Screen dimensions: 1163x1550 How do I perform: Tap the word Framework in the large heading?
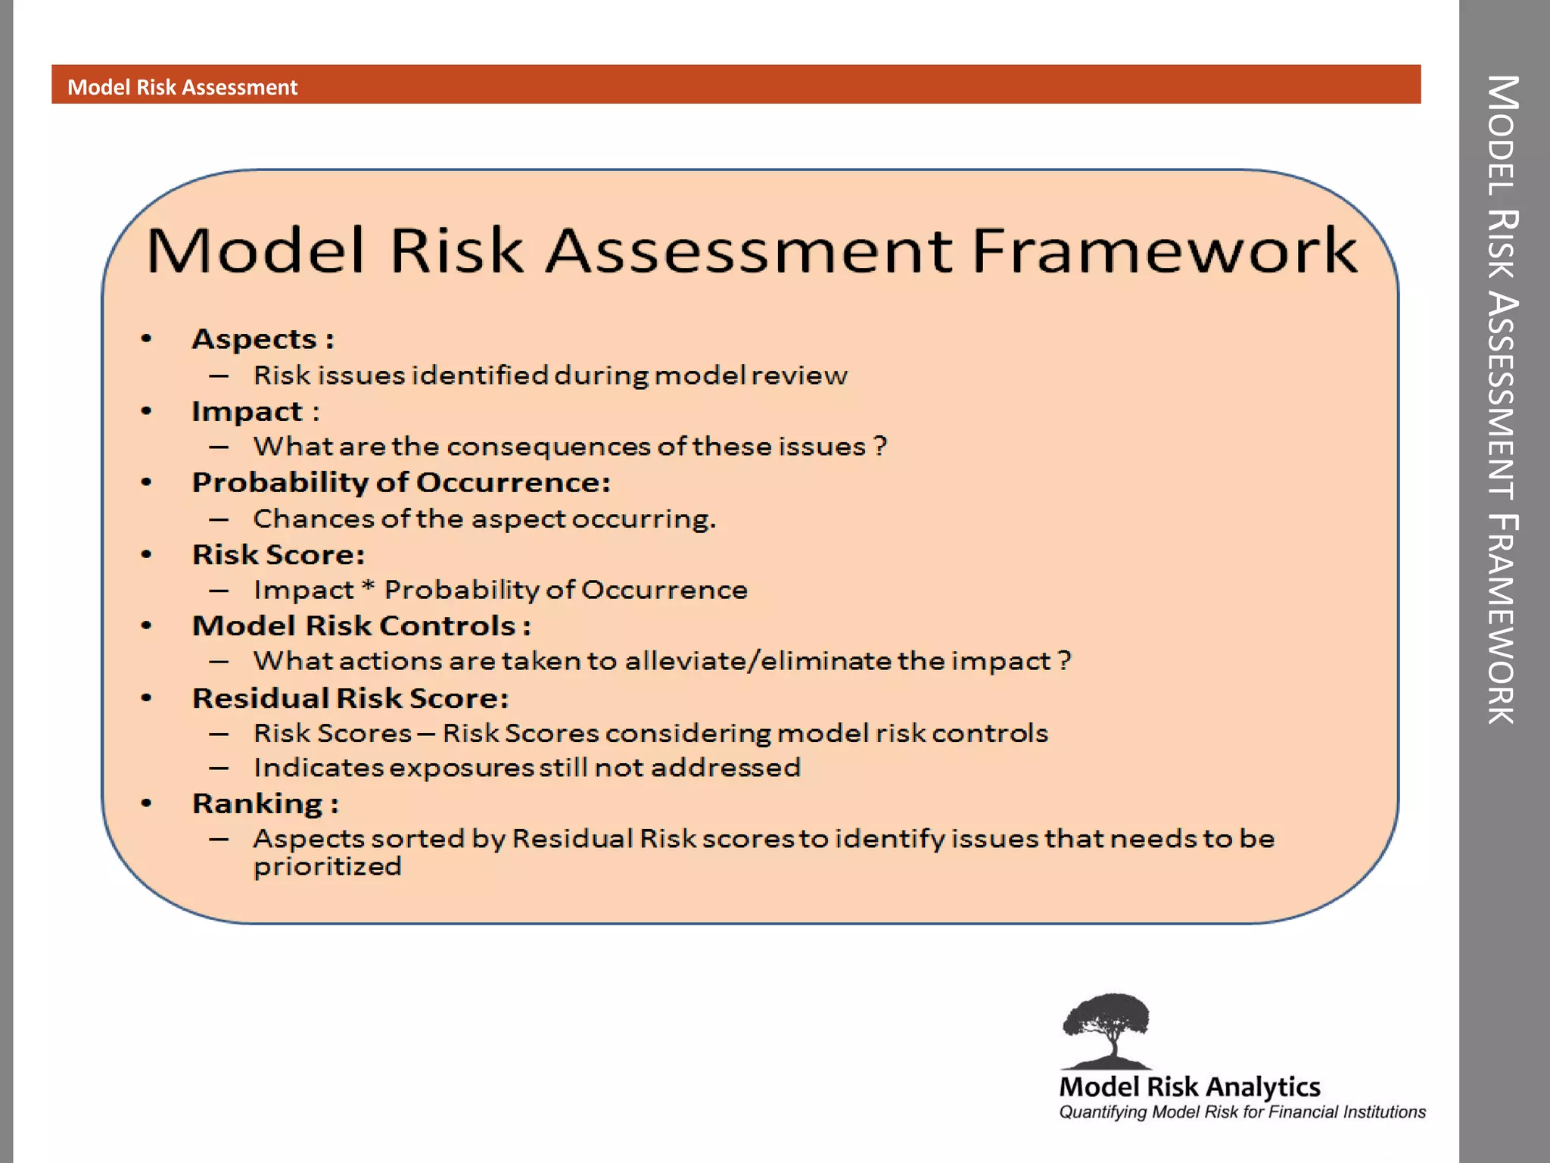tap(1163, 251)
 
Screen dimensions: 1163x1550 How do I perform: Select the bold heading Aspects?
tap(254, 339)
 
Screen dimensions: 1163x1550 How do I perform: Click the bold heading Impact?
tap(247, 411)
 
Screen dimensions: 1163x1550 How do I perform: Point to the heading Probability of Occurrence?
tap(400, 482)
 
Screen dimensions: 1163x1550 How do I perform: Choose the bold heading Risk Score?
tap(278, 555)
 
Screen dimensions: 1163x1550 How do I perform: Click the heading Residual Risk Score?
tap(350, 698)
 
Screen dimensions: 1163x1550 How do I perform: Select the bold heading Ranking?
tap(257, 803)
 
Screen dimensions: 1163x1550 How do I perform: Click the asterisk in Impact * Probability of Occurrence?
tap(368, 586)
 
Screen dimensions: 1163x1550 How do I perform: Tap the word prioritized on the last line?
tap(327, 867)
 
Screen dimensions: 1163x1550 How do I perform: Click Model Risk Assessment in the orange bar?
tap(182, 87)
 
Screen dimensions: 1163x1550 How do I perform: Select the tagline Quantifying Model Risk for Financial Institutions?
tap(1241, 1112)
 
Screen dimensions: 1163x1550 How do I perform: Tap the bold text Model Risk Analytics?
tap(1189, 1087)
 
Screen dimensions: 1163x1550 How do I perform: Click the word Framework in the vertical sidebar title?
tap(1502, 619)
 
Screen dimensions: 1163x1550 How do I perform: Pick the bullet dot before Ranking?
tap(147, 803)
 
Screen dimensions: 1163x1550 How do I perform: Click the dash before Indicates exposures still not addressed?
tap(219, 768)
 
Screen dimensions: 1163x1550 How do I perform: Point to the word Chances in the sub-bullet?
tap(313, 519)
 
